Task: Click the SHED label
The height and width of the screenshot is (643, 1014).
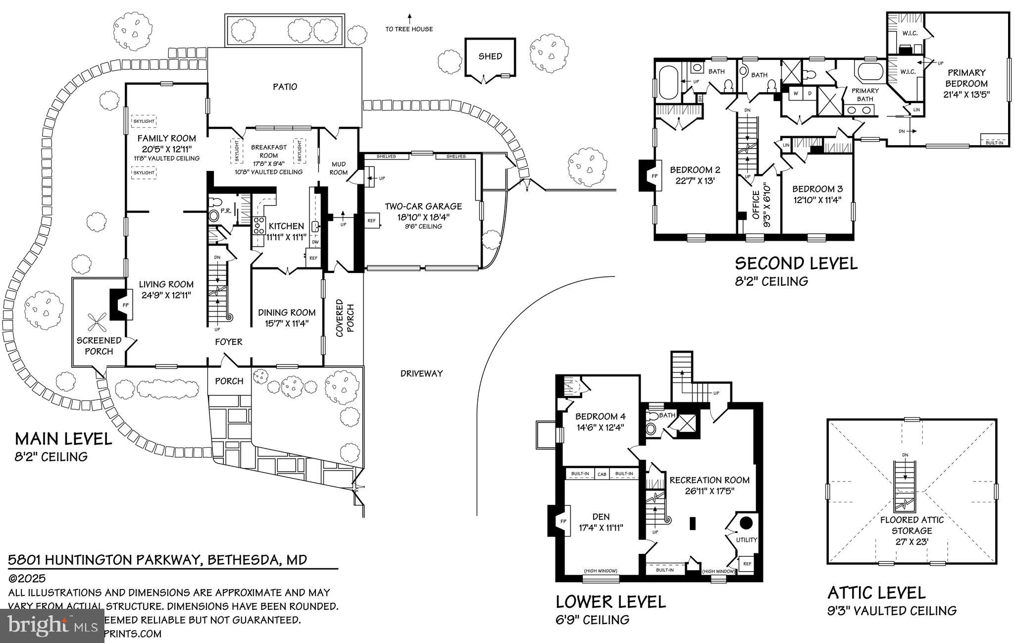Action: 490,56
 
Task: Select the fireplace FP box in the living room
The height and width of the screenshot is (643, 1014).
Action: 125,305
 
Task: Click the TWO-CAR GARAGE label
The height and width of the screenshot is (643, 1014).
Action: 423,206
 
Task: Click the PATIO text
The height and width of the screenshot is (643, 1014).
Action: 285,87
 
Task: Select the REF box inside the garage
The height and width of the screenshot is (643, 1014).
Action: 371,220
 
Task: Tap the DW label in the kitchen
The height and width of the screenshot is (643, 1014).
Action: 315,242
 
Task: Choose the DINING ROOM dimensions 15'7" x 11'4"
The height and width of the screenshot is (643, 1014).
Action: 287,323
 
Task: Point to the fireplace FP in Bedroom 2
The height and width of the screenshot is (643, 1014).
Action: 654,176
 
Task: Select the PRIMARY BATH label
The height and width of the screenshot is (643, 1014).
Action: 865,95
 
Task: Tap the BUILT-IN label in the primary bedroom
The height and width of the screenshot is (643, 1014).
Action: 994,143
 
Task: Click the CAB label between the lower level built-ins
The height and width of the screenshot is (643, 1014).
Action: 602,474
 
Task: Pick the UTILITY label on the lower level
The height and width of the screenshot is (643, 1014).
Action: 746,539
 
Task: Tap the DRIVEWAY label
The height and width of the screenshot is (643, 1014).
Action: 421,374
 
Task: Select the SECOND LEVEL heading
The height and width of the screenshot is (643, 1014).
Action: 796,263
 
